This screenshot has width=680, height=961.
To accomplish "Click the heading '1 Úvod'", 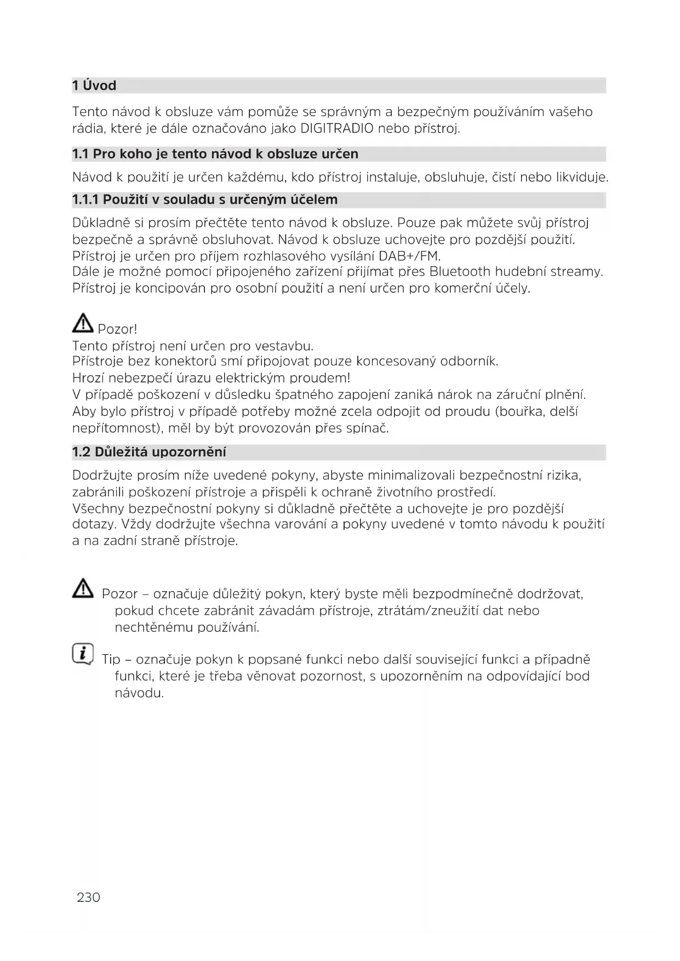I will pos(94,85).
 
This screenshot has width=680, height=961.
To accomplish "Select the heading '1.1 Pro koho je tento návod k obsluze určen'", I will pos(215,154).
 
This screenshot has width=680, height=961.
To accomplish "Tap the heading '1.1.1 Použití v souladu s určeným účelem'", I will pos(204,199).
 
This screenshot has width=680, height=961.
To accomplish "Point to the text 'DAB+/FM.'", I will pos(410,256).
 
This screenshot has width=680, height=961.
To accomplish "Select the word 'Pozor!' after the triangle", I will pos(117,329).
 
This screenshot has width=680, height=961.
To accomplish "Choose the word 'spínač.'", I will pos(367,428).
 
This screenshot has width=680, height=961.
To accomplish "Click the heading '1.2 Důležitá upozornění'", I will pos(149,453).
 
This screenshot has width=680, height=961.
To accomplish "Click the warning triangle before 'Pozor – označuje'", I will pos(83,589).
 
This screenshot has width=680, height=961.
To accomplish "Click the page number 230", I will pos(89,897).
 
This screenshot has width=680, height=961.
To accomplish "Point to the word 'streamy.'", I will pos(576,272).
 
